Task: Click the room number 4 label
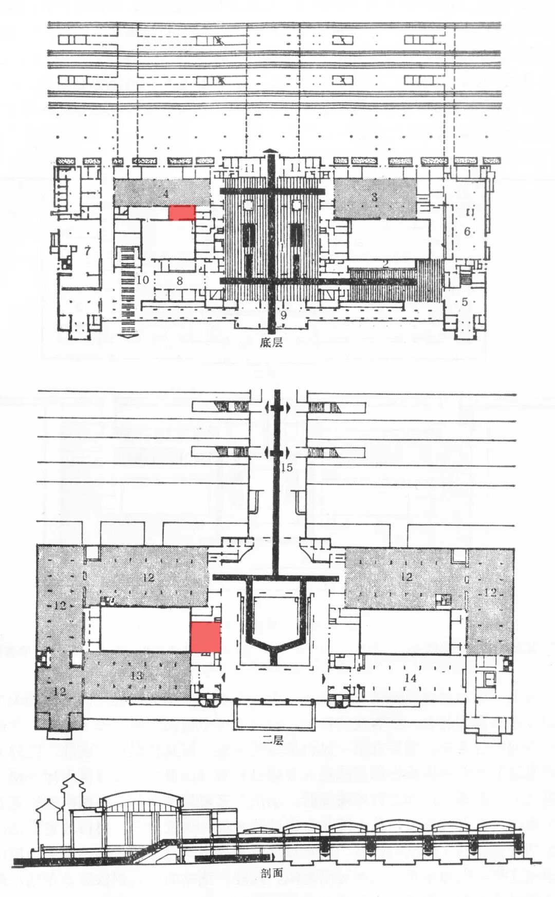[165, 194]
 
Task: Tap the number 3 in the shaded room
[375, 196]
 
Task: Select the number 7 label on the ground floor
[87, 251]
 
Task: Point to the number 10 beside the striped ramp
[143, 280]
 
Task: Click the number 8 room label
[179, 281]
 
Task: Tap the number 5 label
[465, 302]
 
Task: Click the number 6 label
[467, 231]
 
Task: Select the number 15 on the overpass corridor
[287, 467]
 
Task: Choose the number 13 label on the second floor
[137, 675]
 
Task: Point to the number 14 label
[410, 678]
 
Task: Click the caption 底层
[272, 342]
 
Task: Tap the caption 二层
[272, 740]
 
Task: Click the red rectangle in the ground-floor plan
[182, 213]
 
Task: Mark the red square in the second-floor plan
[206, 637]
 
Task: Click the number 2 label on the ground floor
[385, 262]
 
